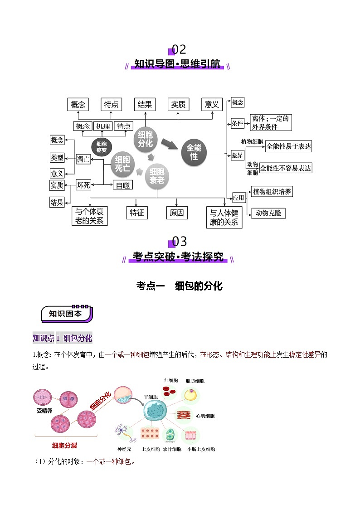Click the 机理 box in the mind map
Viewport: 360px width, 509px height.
click(103, 126)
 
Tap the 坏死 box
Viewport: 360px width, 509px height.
click(83, 185)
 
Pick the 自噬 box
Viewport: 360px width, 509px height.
click(122, 185)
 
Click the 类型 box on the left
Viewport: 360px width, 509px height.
click(57, 158)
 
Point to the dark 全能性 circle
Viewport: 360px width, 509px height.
click(194, 152)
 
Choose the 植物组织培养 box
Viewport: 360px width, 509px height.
click(272, 191)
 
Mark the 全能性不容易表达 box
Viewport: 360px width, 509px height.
click(289, 168)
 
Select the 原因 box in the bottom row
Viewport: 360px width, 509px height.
click(176, 213)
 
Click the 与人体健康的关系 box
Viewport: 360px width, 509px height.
click(224, 218)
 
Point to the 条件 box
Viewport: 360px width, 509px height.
click(238, 123)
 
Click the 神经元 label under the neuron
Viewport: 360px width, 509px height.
click(124, 449)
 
